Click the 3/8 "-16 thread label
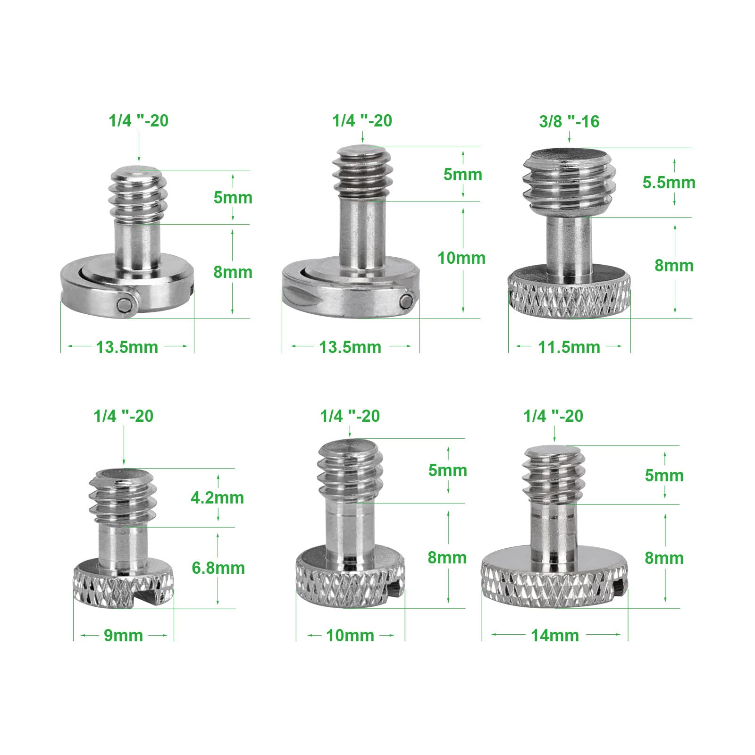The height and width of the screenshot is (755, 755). (569, 121)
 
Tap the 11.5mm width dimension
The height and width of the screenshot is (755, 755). (569, 347)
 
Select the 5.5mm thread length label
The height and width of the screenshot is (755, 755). (669, 182)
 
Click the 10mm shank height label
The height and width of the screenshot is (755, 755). (461, 258)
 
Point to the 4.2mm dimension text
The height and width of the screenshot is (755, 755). (217, 497)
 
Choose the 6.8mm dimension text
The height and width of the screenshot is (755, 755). (218, 568)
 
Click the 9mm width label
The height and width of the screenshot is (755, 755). (123, 636)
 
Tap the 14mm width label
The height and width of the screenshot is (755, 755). (555, 636)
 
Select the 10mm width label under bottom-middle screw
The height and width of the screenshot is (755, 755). (350, 636)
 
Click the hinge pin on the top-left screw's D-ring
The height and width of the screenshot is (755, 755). (124, 304)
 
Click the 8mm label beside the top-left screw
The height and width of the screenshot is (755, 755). (233, 272)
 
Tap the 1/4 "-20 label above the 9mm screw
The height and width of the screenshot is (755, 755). (124, 416)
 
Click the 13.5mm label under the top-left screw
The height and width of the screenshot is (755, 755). (127, 347)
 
